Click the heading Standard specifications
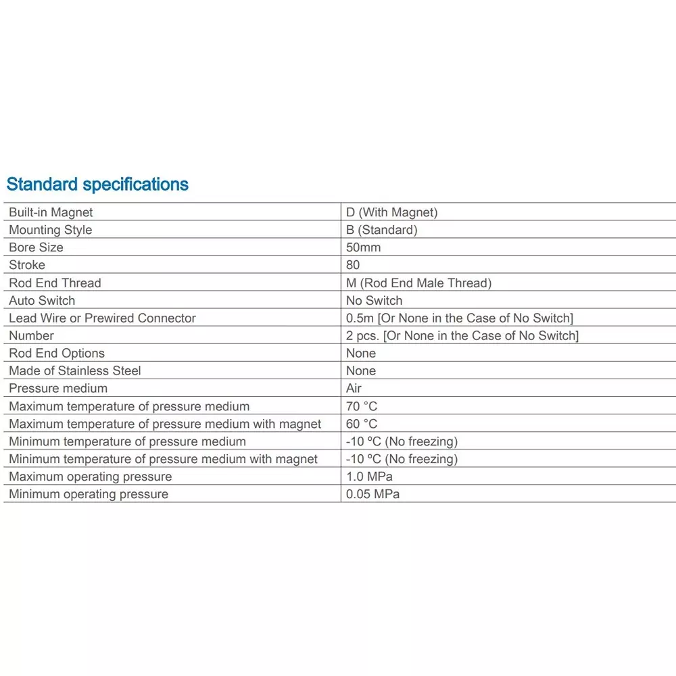pos(97,184)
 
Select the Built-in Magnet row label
pos(51,212)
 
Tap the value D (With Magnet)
pos(391,212)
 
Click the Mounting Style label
pos(50,230)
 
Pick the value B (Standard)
pos(381,230)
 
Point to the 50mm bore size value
pos(363,247)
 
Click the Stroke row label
pos(27,265)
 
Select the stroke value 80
pos(353,265)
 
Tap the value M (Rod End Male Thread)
pos(418,283)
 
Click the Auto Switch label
pos(42,300)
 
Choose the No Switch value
pos(374,300)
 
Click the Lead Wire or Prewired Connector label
pos(102,318)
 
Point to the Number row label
pos(31,335)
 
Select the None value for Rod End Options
pos(361,353)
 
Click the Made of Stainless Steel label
pos(74,370)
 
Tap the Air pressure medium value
pos(354,388)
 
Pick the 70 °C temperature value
pos(362,406)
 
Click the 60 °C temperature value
pos(362,424)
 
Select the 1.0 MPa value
pos(369,477)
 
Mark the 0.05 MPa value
pos(372,494)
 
